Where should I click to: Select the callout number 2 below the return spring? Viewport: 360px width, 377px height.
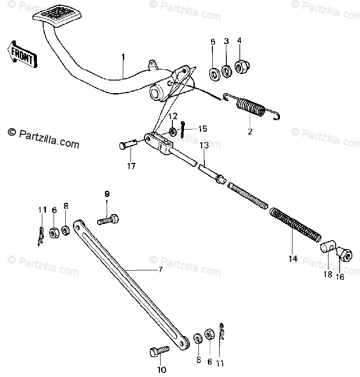[x=250, y=132]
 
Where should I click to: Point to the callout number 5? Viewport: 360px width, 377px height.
[x=213, y=42]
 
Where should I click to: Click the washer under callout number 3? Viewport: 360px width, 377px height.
[x=227, y=70]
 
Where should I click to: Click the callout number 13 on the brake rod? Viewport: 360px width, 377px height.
[x=204, y=146]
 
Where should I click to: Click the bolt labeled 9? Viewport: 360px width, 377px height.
[x=108, y=220]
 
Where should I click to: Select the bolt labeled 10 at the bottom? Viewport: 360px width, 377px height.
[x=159, y=351]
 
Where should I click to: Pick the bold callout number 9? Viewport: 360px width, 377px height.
[x=107, y=194]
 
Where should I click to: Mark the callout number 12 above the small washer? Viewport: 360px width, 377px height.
[x=173, y=116]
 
